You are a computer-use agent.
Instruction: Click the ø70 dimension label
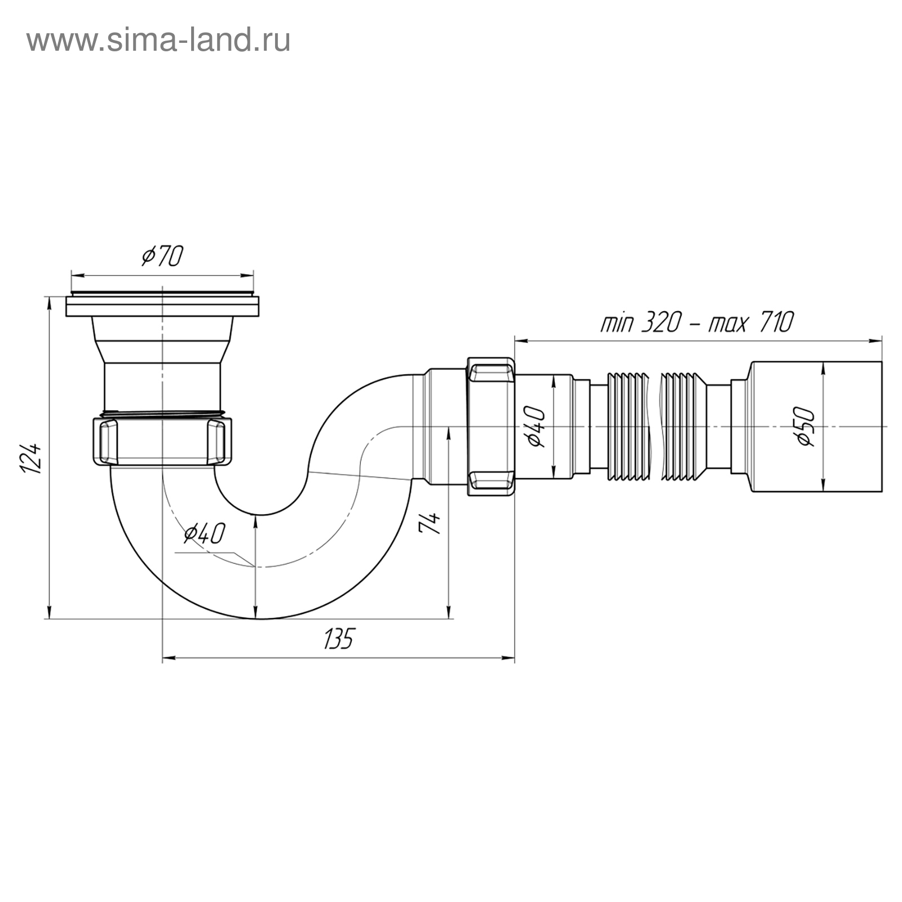click(162, 257)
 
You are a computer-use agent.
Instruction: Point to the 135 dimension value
click(338, 639)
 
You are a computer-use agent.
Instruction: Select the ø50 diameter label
click(807, 427)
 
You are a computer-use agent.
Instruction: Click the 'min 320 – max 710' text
click(697, 323)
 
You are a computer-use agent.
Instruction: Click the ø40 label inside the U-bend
click(205, 533)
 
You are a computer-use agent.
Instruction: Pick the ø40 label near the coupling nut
click(536, 427)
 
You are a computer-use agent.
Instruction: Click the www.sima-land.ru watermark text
click(158, 41)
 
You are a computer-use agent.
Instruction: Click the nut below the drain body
click(162, 440)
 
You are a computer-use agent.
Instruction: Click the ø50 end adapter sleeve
click(815, 427)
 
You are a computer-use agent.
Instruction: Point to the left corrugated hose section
click(627, 426)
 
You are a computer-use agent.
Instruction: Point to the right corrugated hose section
click(683, 426)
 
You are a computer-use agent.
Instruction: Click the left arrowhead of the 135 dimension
click(169, 657)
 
